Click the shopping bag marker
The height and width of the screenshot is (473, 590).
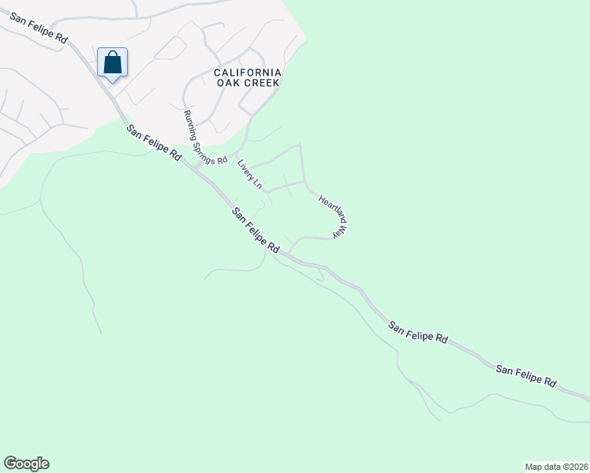[x=112, y=63]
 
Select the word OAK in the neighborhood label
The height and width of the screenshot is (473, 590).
[x=227, y=82]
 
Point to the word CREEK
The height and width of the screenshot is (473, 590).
[x=263, y=82]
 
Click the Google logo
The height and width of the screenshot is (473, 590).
[x=26, y=464]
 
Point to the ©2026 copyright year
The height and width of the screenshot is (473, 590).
[x=575, y=466]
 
